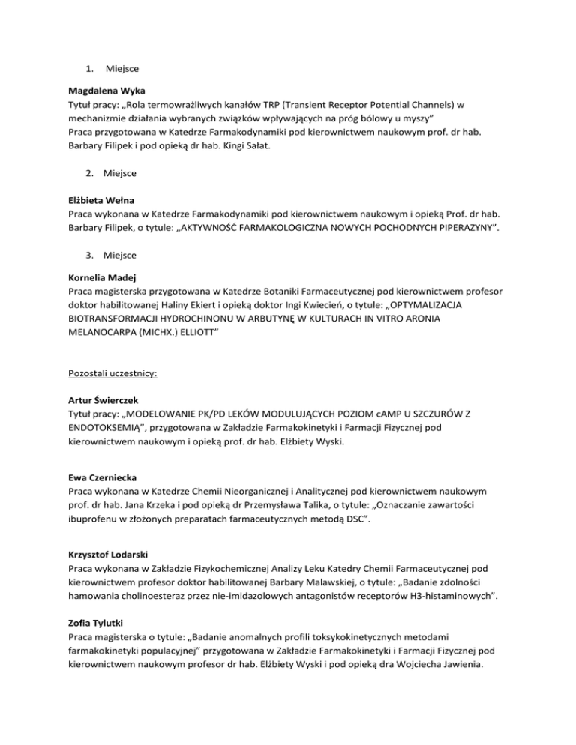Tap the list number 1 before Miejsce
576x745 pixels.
[88, 70]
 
